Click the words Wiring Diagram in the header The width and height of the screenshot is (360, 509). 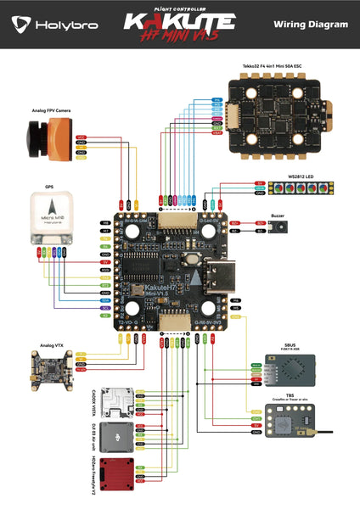311,25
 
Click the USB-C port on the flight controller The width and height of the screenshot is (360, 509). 224,279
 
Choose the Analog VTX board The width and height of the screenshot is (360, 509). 47,368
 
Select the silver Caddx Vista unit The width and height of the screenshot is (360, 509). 118,403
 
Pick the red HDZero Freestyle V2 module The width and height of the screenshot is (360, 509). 118,472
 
